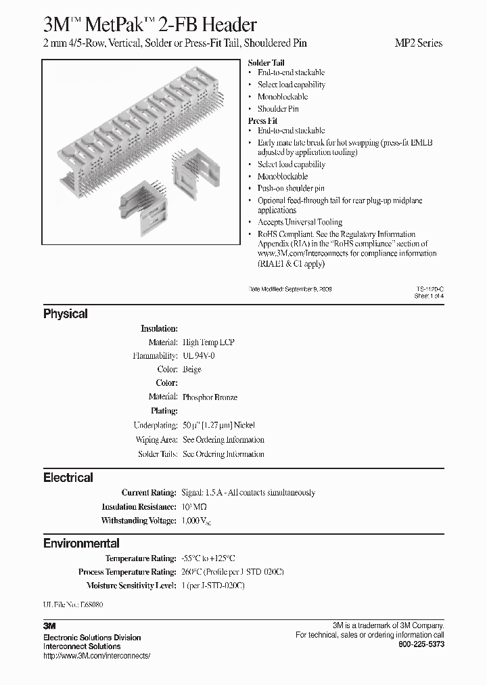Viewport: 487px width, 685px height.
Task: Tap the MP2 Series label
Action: coord(418,43)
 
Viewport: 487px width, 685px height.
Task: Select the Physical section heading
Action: coord(66,314)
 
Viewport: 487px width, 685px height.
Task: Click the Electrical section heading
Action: coord(68,477)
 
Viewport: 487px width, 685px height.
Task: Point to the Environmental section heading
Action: coord(81,543)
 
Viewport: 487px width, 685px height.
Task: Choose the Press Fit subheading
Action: coord(262,120)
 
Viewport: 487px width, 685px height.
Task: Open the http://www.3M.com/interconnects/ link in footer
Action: coord(96,656)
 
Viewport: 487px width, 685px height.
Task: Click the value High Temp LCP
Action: coord(208,342)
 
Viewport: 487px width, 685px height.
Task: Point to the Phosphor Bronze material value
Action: coord(210,397)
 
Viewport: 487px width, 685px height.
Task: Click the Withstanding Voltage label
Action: coord(139,521)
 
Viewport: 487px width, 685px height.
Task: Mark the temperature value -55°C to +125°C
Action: coord(208,558)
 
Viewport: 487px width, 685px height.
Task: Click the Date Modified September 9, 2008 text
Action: coord(291,288)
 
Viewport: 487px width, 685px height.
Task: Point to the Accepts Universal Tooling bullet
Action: coord(300,222)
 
